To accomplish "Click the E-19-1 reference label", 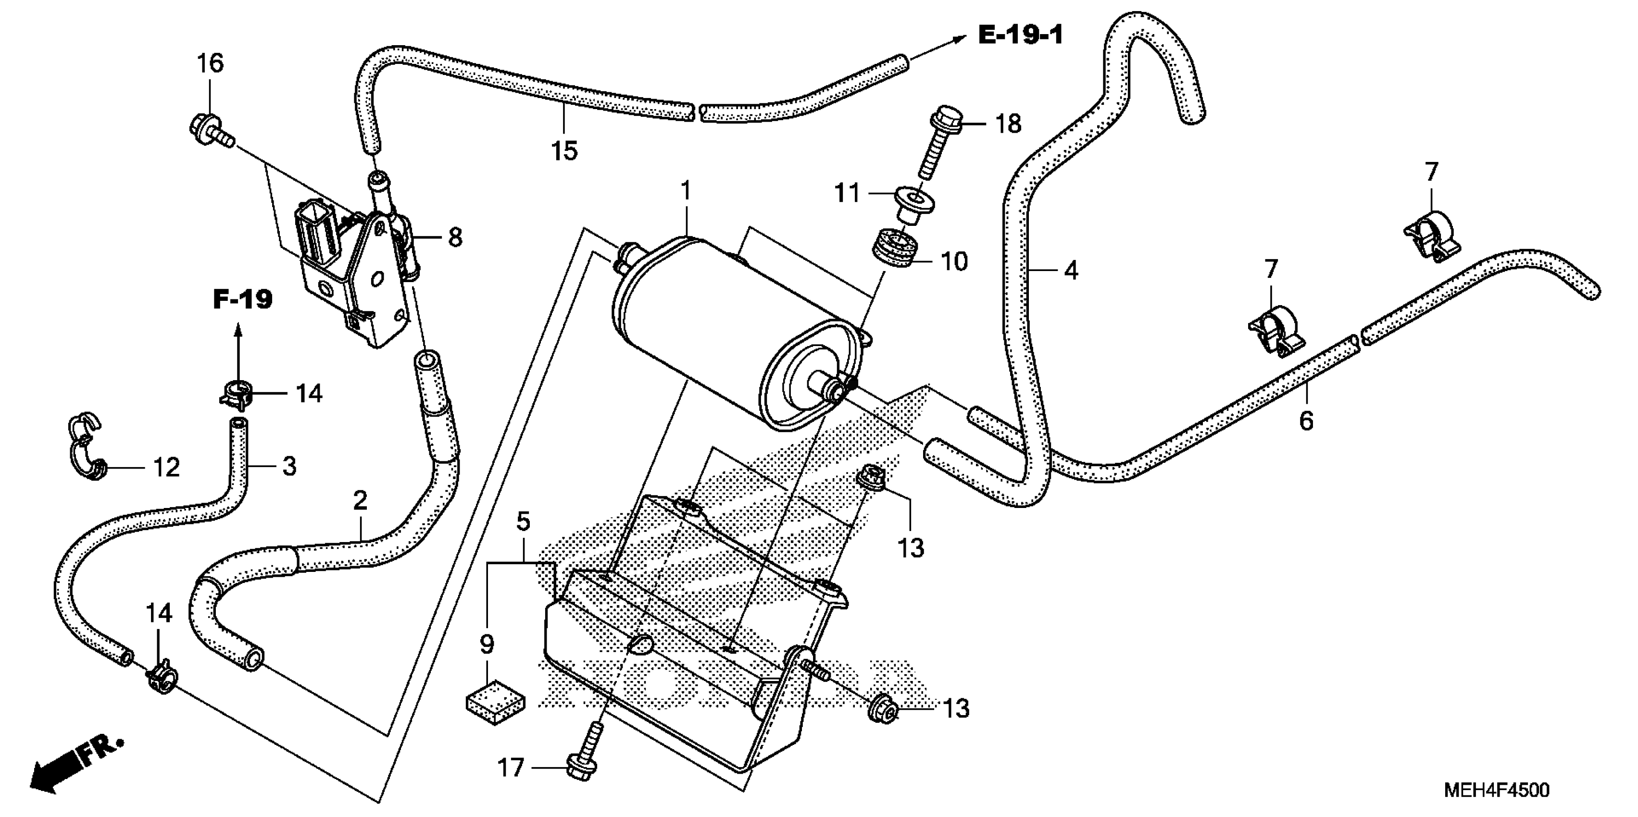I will click(x=1020, y=35).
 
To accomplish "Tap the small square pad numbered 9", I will click(x=495, y=703).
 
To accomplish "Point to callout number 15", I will click(x=564, y=151).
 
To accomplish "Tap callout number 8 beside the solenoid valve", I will click(x=455, y=238).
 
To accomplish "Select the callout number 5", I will click(x=523, y=521).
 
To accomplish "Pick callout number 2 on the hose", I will click(x=360, y=500).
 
